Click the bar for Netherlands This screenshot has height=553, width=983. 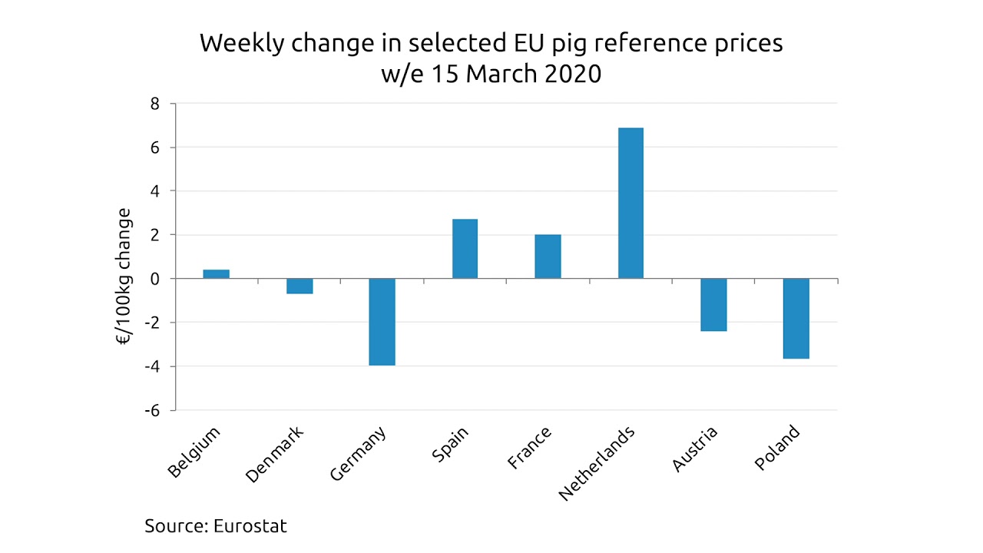click(631, 203)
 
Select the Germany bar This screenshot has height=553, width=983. click(382, 322)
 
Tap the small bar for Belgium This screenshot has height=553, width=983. click(216, 274)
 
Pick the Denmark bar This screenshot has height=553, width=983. click(299, 286)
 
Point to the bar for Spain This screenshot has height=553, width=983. click(465, 249)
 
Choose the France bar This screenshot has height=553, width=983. click(548, 257)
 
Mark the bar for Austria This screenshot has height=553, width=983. click(713, 305)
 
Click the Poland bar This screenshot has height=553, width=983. click(796, 319)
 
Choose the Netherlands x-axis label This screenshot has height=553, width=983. click(597, 463)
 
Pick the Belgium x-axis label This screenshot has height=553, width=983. click(195, 452)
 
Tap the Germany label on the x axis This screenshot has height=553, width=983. click(359, 454)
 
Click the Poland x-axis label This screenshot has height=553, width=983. click(777, 448)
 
